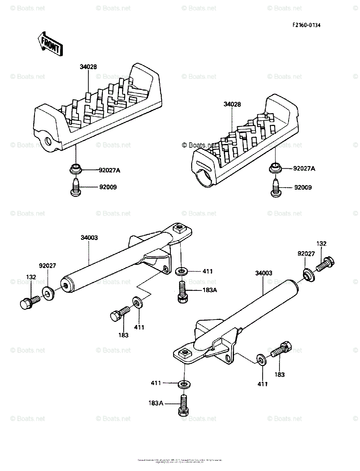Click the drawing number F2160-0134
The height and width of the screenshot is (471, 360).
(x=306, y=25)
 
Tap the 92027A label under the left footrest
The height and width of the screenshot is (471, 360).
(x=110, y=170)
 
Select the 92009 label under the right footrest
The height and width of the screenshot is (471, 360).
(x=303, y=188)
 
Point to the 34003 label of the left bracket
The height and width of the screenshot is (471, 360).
(x=89, y=237)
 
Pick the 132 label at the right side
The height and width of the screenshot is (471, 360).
(x=321, y=244)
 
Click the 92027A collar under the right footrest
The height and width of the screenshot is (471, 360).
(x=275, y=168)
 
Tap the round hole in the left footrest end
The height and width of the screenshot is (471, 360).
(x=48, y=141)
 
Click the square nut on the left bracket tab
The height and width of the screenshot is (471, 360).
(x=181, y=227)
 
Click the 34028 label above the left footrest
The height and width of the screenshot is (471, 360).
(x=88, y=67)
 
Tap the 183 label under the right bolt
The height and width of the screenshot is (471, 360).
(x=280, y=375)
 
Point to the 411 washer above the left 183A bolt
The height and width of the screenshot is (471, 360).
(x=182, y=270)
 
